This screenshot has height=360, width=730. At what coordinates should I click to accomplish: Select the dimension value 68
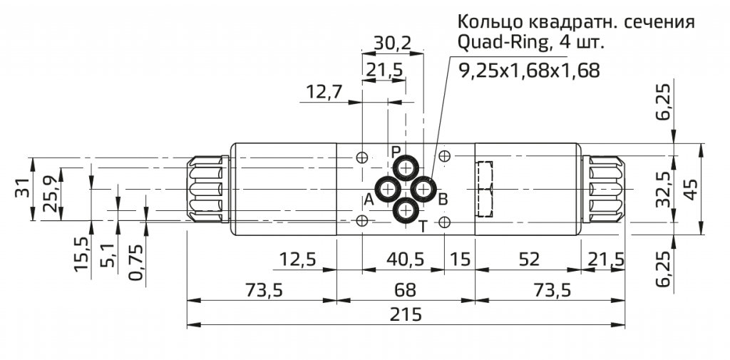click(405, 290)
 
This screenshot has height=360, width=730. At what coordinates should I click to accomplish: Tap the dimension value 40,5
click(403, 259)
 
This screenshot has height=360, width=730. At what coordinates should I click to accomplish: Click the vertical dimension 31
click(24, 189)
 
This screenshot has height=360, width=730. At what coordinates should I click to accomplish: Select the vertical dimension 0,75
click(135, 262)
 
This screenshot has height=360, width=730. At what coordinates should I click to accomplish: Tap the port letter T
click(422, 227)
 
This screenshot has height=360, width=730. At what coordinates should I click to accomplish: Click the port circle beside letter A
click(389, 190)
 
